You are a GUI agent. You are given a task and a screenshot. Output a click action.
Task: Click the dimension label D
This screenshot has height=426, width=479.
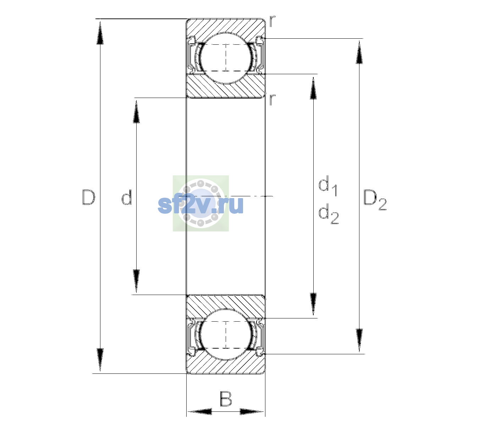click(89, 197)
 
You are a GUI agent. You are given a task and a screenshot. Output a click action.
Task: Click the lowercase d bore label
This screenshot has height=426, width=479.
click(127, 197)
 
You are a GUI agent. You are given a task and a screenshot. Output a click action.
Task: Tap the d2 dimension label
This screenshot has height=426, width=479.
click(329, 213)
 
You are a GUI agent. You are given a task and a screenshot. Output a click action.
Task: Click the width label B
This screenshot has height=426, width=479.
click(226, 399)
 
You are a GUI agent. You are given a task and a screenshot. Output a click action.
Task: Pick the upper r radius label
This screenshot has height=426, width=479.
click(272, 21)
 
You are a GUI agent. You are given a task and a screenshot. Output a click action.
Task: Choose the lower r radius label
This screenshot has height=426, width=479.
click(272, 100)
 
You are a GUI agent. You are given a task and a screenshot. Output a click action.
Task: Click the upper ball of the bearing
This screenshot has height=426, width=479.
click(226, 58)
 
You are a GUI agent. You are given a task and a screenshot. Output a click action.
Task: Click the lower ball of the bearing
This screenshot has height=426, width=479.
click(226, 334)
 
